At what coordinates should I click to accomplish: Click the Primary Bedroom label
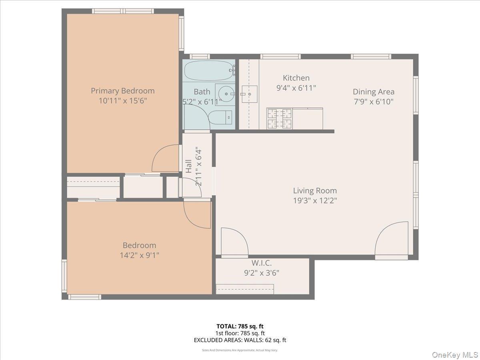[122, 91]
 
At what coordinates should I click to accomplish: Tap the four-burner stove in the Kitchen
[279, 118]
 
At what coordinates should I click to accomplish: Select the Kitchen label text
[296, 78]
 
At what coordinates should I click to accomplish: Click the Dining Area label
[373, 92]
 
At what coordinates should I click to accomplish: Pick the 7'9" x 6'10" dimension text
[373, 102]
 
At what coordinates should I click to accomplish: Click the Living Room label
[315, 191]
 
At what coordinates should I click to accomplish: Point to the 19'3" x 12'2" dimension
[315, 201]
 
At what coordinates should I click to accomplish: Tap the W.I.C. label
[262, 263]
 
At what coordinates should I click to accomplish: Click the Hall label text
[188, 166]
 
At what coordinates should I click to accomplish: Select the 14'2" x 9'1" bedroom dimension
[139, 255]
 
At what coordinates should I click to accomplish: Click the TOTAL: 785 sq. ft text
[240, 326]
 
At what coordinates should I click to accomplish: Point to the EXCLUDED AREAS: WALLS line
[240, 340]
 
